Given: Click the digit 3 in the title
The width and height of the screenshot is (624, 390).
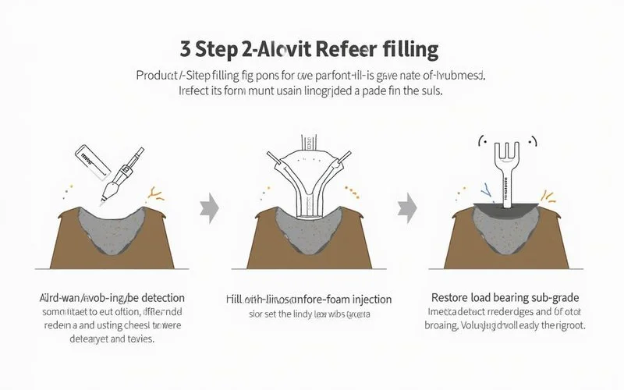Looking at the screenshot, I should (x=186, y=51).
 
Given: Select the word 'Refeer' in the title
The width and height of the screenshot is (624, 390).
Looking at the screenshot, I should (x=346, y=51).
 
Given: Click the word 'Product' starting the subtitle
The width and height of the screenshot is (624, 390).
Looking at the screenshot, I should (x=157, y=76).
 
